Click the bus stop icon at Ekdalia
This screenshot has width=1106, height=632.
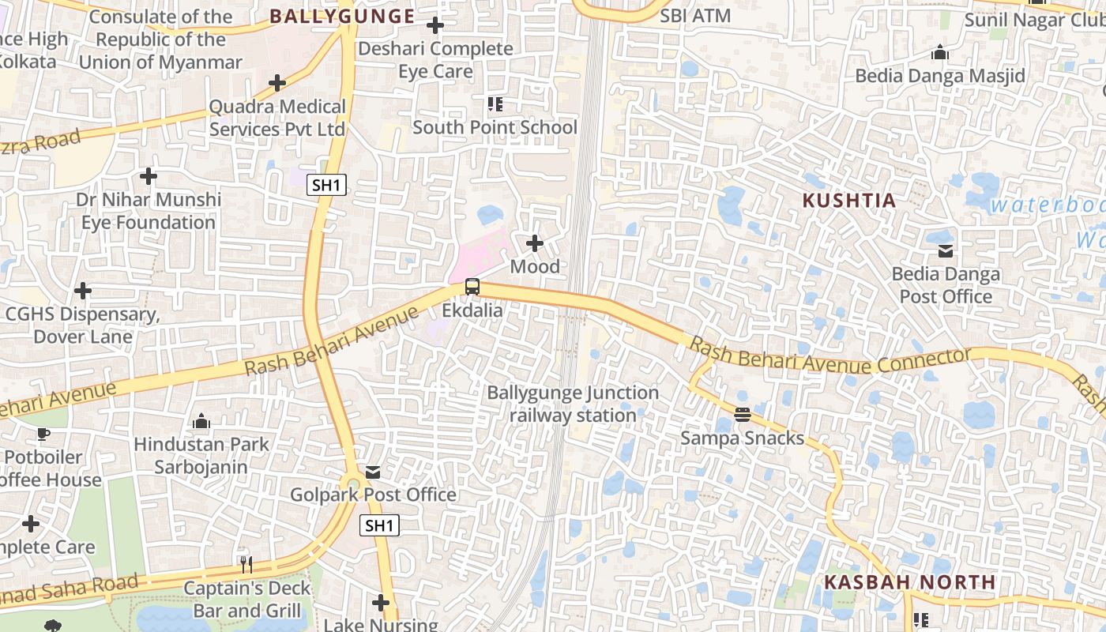[472, 288]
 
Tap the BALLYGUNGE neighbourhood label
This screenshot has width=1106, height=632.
[342, 16]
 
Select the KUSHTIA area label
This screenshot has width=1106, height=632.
[849, 201]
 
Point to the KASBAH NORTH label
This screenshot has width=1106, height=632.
[909, 582]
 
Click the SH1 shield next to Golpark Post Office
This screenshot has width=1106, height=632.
[379, 525]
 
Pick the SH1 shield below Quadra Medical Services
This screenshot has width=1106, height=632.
[327, 186]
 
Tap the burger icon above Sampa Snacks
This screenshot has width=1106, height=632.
[742, 414]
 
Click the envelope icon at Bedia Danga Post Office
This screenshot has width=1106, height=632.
[945, 251]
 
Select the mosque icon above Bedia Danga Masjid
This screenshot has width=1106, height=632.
[940, 53]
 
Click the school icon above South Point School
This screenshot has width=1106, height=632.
[495, 104]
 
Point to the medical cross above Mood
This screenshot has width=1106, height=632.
[535, 243]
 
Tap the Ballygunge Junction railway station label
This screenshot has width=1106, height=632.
[573, 404]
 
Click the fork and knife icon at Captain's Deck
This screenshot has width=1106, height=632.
[246, 564]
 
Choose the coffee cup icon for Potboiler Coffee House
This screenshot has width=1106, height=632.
[43, 434]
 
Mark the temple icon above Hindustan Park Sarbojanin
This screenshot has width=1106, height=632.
[201, 422]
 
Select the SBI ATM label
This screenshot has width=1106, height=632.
[695, 16]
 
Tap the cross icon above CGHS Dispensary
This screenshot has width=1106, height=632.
[83, 292]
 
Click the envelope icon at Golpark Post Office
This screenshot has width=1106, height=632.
[373, 472]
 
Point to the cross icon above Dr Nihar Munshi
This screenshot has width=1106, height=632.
[148, 176]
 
